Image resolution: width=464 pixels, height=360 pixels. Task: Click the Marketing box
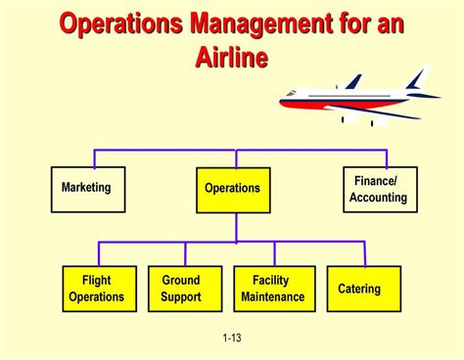click(x=87, y=189)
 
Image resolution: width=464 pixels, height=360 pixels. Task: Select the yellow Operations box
click(x=232, y=189)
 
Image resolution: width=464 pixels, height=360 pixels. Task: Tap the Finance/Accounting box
click(x=380, y=189)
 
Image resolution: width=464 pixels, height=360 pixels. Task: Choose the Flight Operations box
click(x=97, y=289)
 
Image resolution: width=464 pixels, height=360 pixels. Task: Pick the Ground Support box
click(x=181, y=289)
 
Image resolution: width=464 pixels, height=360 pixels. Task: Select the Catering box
click(x=359, y=289)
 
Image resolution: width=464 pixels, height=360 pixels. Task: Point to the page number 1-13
click(x=232, y=338)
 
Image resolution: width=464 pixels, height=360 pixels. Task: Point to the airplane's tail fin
click(x=417, y=76)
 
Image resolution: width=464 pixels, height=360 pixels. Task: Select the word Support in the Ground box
click(x=181, y=297)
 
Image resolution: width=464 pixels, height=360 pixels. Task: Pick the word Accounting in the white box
click(x=379, y=198)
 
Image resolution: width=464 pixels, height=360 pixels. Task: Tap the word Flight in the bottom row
click(x=97, y=281)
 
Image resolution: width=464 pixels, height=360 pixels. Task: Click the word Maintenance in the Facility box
click(x=273, y=297)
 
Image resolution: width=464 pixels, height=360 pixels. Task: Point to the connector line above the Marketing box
click(x=93, y=158)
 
